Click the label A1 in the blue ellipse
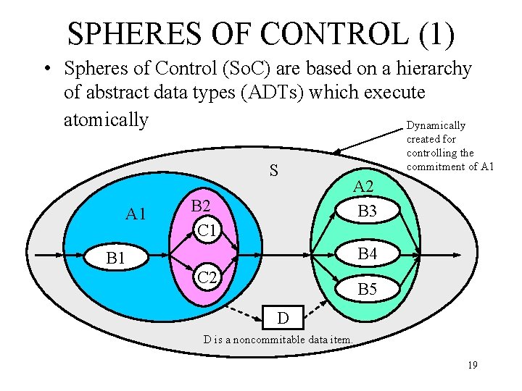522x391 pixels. pos(136,214)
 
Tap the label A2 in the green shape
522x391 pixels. pos(363,188)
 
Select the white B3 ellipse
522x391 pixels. pos(368,211)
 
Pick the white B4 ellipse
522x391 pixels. pos(368,254)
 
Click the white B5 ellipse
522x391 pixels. pos(368,290)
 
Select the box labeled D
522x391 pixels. pos(283,318)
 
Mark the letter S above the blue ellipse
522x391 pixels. pos(273,171)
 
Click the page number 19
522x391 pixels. pos(472,365)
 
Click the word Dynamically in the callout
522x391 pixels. pos(436,126)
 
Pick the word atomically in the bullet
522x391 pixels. pos(106,119)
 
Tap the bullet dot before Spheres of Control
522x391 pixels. pos(46,70)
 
